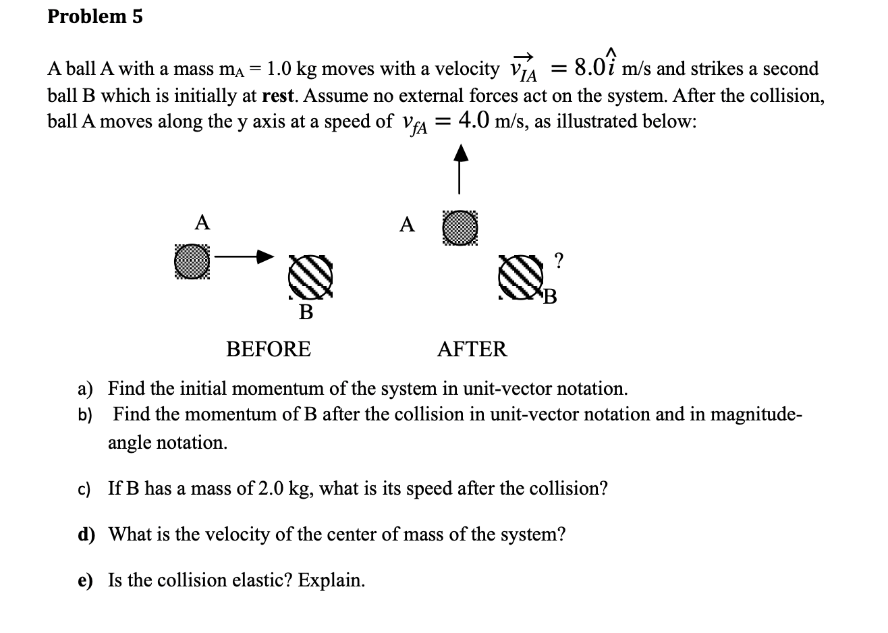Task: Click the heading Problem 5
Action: (95, 17)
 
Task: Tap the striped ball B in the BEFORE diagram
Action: (310, 277)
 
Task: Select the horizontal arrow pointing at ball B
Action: (246, 256)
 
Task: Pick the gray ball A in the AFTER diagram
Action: (460, 227)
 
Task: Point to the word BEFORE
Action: (268, 350)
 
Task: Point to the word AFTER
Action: (472, 350)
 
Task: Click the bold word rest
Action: (277, 95)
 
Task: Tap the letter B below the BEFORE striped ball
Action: (306, 312)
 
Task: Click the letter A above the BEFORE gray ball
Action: (202, 222)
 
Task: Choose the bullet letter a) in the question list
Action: (86, 389)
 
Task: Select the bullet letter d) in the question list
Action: (86, 535)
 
